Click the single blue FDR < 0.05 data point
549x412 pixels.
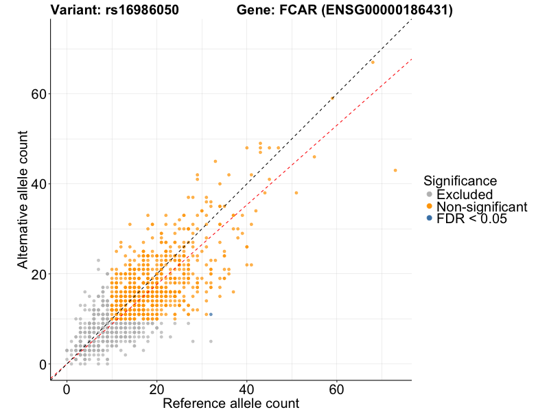[x=211, y=314]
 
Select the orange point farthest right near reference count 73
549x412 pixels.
[x=395, y=170]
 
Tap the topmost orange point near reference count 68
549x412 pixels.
[x=373, y=62]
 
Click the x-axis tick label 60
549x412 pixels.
[x=336, y=389]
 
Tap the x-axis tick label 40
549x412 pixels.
[x=246, y=389]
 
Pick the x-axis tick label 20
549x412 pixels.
[x=156, y=389]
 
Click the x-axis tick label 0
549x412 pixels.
[x=67, y=389]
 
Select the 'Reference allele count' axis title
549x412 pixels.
[x=231, y=403]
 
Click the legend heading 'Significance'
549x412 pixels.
[x=460, y=181]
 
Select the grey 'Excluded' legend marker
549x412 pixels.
[x=430, y=195]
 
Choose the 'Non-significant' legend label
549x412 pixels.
[x=482, y=207]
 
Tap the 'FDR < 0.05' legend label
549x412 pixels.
[x=471, y=218]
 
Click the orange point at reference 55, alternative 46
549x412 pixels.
[x=314, y=157]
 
